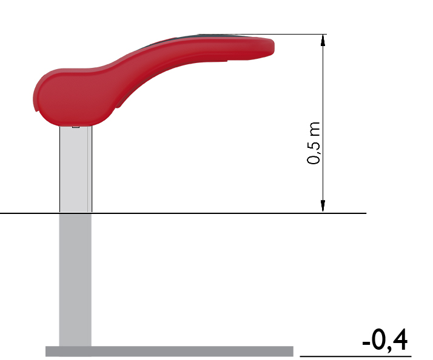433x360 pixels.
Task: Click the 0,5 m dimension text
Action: pos(314,143)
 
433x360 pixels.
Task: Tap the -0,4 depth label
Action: pos(384,340)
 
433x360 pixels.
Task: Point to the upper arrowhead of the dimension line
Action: pos(323,40)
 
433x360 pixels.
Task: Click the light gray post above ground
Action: pos(76,169)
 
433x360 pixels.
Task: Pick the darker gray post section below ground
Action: pos(75,280)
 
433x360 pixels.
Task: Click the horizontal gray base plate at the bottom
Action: pos(169,351)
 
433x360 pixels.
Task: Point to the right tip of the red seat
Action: pos(274,47)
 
